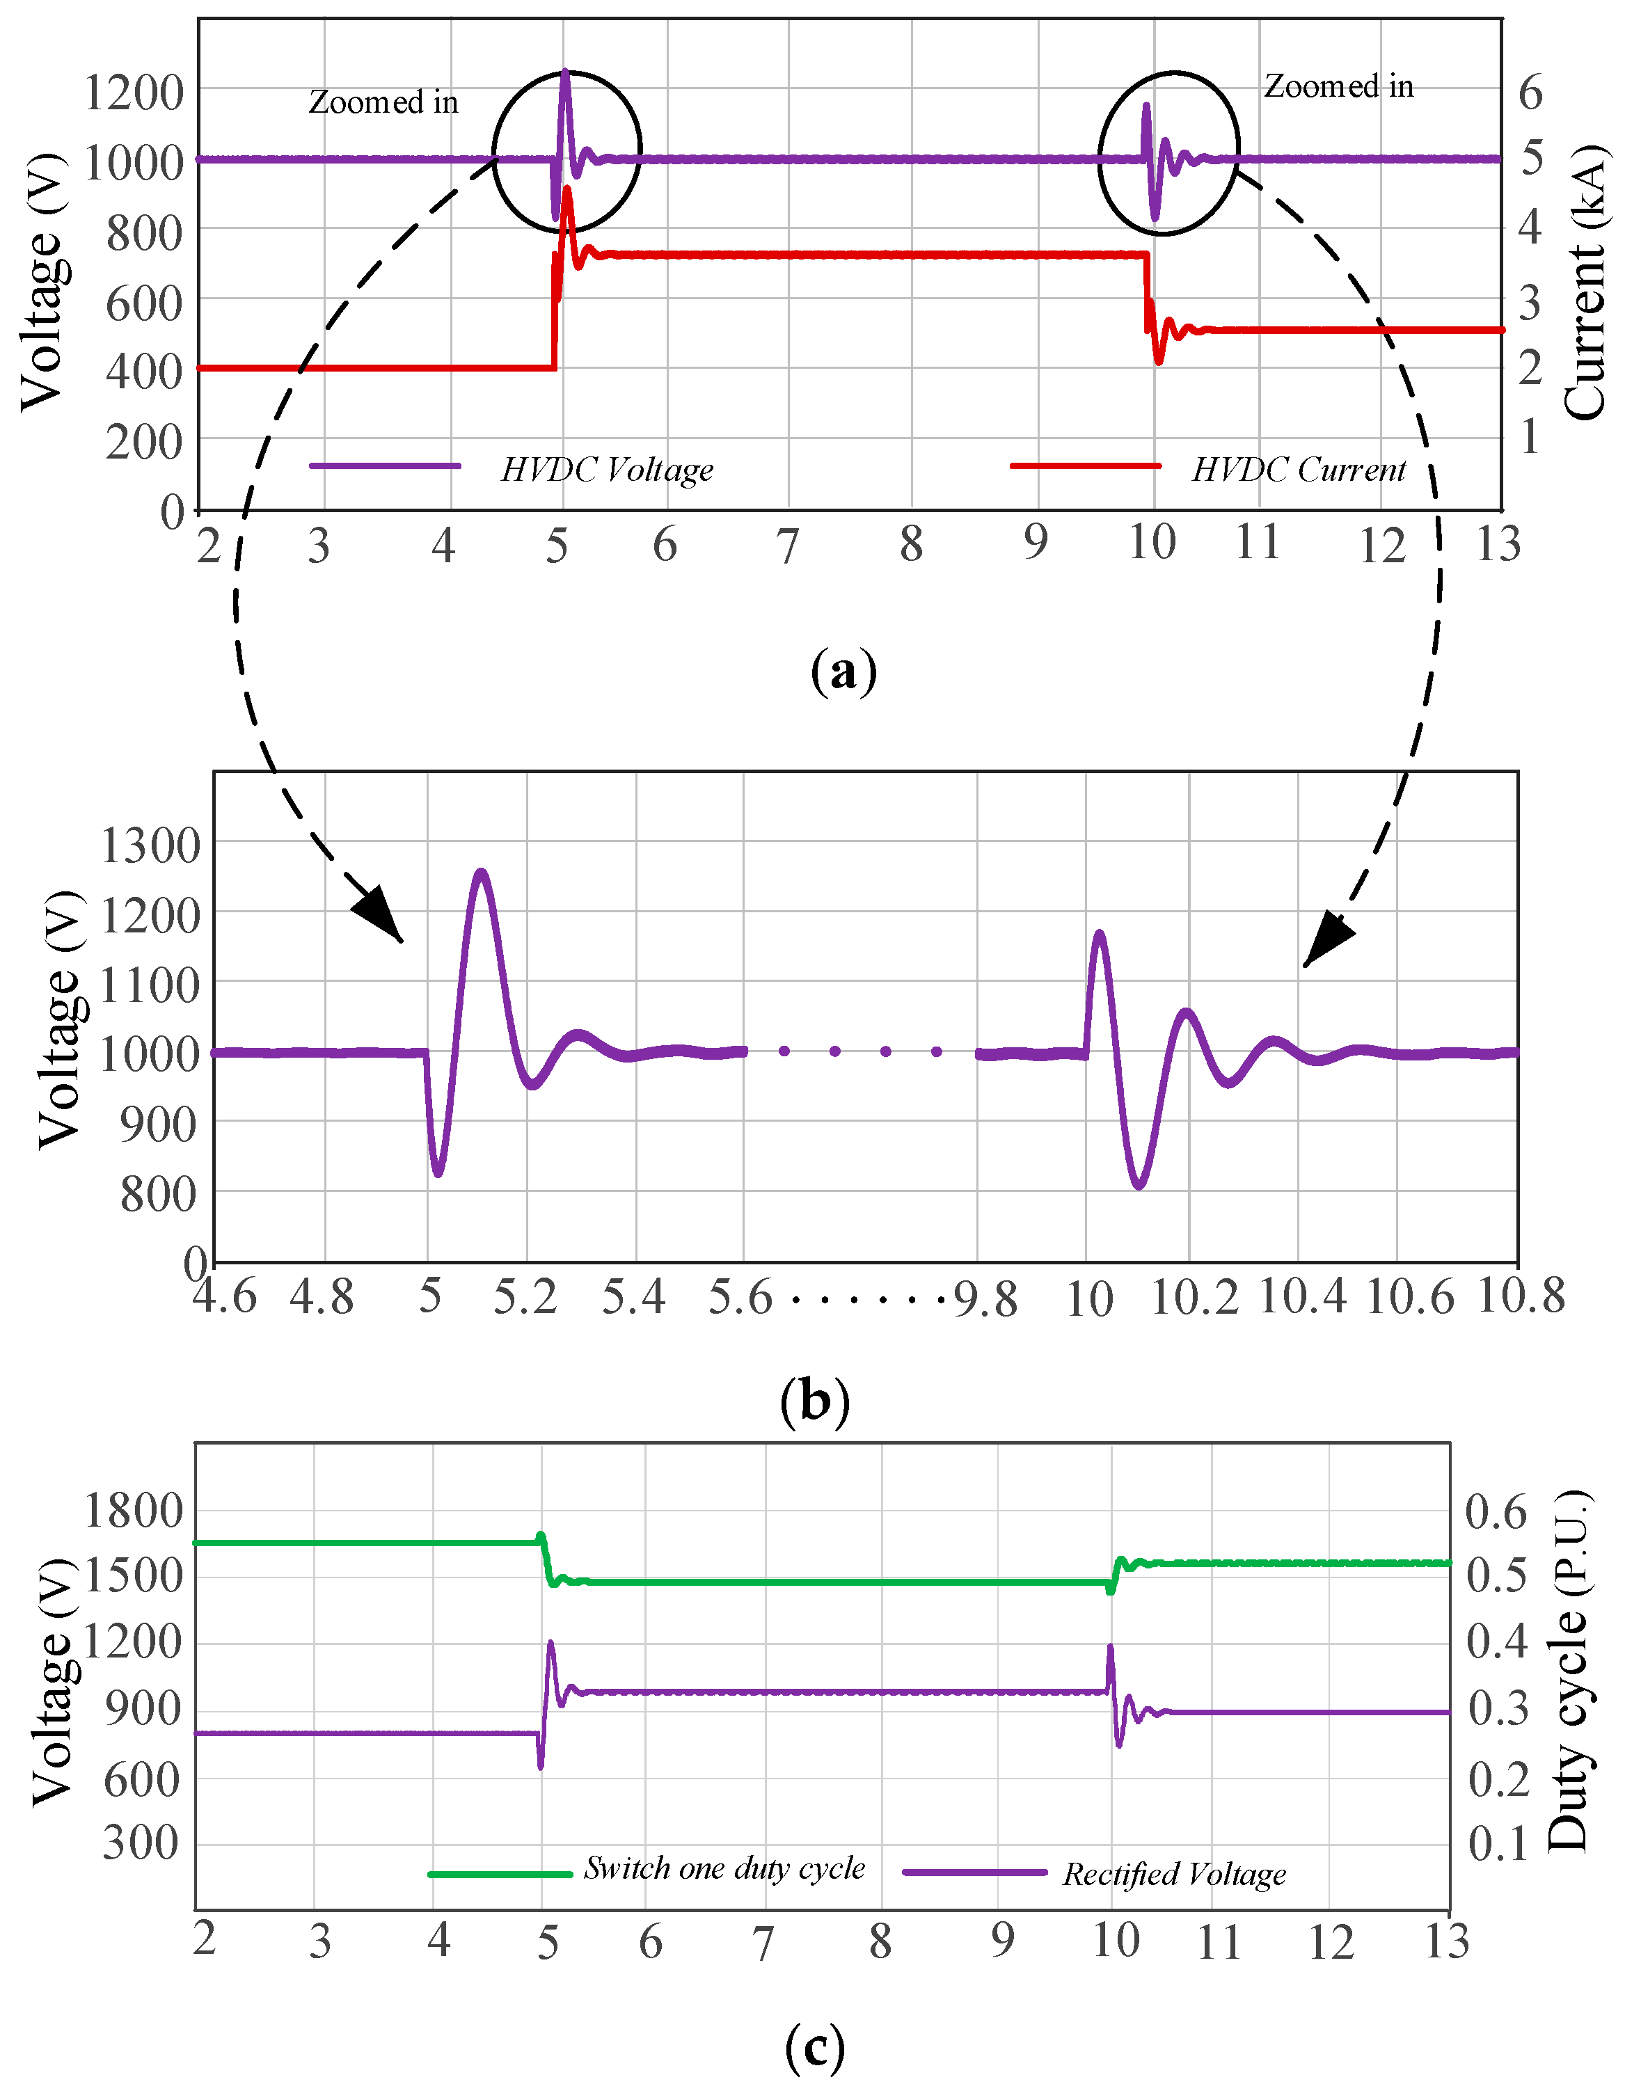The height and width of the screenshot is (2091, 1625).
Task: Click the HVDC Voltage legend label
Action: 607,469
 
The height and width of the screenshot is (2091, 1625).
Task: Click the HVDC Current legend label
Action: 1299,469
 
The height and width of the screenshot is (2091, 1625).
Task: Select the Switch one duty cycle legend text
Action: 724,1868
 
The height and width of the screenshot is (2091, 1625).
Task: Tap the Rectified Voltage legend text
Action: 1174,1874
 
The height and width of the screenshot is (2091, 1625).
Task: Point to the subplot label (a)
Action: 843,672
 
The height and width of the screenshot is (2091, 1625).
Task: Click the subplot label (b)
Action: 815,1401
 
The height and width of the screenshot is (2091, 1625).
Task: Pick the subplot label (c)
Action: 815,2047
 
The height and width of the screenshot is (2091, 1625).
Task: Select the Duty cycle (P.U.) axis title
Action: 1569,1671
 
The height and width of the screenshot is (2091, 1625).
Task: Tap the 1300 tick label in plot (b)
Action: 150,846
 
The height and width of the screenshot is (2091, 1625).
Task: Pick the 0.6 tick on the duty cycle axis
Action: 1496,1512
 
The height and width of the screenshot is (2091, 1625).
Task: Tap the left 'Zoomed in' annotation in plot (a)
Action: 383,102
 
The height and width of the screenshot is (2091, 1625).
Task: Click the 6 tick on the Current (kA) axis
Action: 1530,93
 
